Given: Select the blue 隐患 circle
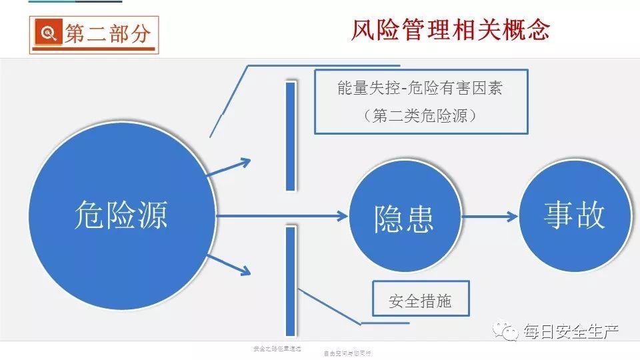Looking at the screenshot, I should (x=405, y=216).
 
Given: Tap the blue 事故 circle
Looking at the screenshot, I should (x=575, y=215).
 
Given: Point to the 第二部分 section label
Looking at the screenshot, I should (x=107, y=33).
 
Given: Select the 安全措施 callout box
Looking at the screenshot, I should (x=420, y=301).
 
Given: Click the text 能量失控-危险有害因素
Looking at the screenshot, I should (x=419, y=88).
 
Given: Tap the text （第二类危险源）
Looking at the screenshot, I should (x=419, y=115).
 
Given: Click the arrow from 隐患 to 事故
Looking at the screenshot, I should (x=490, y=216).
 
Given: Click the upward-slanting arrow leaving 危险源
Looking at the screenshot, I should (x=229, y=167).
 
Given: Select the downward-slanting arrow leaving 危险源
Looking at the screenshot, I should (x=229, y=263).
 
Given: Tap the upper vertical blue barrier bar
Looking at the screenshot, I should (x=290, y=137).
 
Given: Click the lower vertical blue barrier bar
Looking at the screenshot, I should (x=290, y=280).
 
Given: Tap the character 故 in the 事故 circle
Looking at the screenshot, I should (x=590, y=215).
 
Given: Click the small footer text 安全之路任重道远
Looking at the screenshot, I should (x=277, y=348).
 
